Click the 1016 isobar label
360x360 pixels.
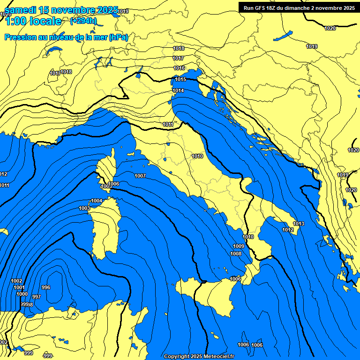click(179, 68)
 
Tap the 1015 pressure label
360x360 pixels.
click(180, 80)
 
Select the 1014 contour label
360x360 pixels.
click(178, 91)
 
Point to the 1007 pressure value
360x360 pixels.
click(140, 176)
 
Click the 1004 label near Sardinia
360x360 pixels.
click(97, 201)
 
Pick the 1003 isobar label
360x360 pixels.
click(84, 209)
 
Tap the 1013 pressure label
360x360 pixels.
click(299, 224)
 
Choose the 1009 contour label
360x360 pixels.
click(239, 247)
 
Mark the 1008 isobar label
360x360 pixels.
click(236, 254)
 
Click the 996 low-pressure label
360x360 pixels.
click(46, 288)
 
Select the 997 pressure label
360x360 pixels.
click(37, 297)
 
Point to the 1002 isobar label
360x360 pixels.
click(16, 281)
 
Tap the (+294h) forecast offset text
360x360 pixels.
click(83, 21)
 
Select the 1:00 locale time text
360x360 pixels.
click(33, 22)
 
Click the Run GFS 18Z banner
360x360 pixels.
click(299, 8)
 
